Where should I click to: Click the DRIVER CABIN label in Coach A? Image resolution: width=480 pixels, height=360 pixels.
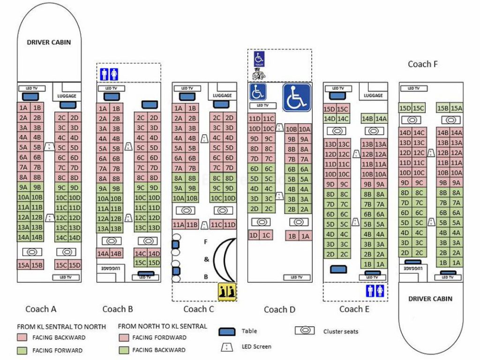click(x=49, y=42)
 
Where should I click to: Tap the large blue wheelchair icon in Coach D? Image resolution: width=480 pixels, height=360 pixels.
click(x=297, y=97)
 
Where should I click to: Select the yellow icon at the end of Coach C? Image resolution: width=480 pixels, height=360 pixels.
click(x=228, y=292)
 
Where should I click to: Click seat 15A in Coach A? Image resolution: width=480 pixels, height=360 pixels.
click(x=23, y=265)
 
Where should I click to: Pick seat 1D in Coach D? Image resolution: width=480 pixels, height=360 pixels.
click(x=254, y=235)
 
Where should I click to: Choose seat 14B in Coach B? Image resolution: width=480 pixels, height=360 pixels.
click(x=116, y=254)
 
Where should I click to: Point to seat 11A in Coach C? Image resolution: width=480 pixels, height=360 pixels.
click(x=179, y=225)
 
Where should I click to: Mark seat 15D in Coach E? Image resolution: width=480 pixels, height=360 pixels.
click(x=330, y=109)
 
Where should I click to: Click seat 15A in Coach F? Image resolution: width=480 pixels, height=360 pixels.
click(x=456, y=108)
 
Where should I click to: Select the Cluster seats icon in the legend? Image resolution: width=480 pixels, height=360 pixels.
click(x=305, y=330)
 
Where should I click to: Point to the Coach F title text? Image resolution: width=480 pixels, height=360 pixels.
click(x=422, y=64)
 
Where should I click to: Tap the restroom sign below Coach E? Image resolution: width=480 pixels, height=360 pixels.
click(x=375, y=291)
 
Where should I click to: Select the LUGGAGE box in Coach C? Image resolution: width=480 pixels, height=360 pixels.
click(x=222, y=95)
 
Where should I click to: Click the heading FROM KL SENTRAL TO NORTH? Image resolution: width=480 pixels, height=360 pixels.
click(x=61, y=326)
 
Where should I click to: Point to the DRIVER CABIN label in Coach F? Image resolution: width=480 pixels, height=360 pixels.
click(x=430, y=299)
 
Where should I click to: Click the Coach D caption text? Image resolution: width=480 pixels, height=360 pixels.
click(x=280, y=309)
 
